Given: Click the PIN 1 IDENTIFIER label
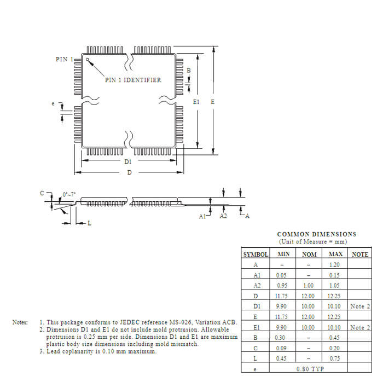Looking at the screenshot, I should pyautogui.click(x=133, y=80).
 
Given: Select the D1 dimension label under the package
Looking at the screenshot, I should pyautogui.click(x=127, y=162).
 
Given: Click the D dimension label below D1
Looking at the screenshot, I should pyautogui.click(x=129, y=173).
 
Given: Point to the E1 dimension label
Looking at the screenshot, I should pyautogui.click(x=196, y=102).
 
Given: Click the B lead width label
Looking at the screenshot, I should pyautogui.click(x=189, y=71).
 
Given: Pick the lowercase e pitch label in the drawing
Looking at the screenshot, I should pyautogui.click(x=53, y=103).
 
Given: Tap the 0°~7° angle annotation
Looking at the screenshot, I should pyautogui.click(x=69, y=194).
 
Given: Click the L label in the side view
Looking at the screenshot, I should pyautogui.click(x=90, y=223).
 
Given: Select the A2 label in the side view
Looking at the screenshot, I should pyautogui.click(x=223, y=217).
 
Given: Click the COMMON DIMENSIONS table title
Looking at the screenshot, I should pyautogui.click(x=316, y=234).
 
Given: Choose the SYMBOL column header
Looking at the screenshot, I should pyautogui.click(x=255, y=254).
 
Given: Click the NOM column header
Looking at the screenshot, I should pyautogui.click(x=309, y=254).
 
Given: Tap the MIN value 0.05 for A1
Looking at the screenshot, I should pyautogui.click(x=282, y=275).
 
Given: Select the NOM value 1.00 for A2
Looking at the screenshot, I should pyautogui.click(x=308, y=286).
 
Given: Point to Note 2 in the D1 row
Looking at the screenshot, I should pyautogui.click(x=360, y=306).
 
